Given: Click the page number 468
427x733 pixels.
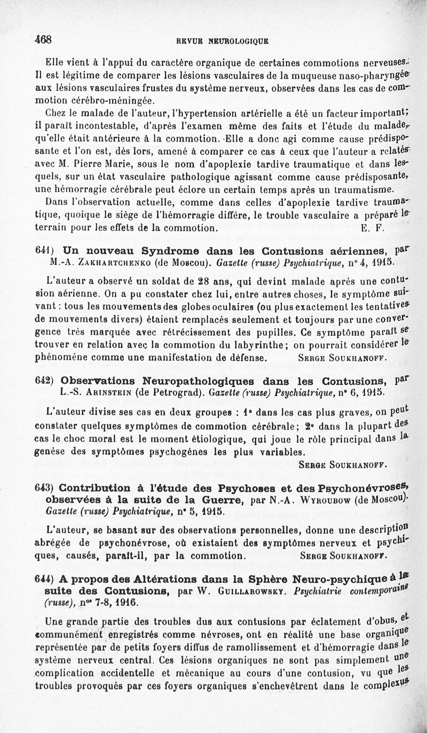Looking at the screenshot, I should point(42,38).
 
